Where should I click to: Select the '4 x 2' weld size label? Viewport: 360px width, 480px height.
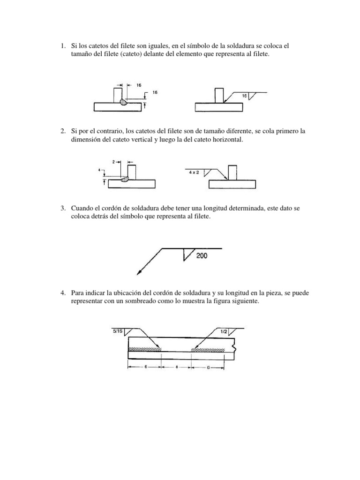point(194,172)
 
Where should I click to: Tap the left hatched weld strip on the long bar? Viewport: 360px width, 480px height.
point(145,349)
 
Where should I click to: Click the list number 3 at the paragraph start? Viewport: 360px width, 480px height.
point(62,208)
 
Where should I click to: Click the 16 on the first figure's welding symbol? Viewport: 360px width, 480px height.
point(244,96)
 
